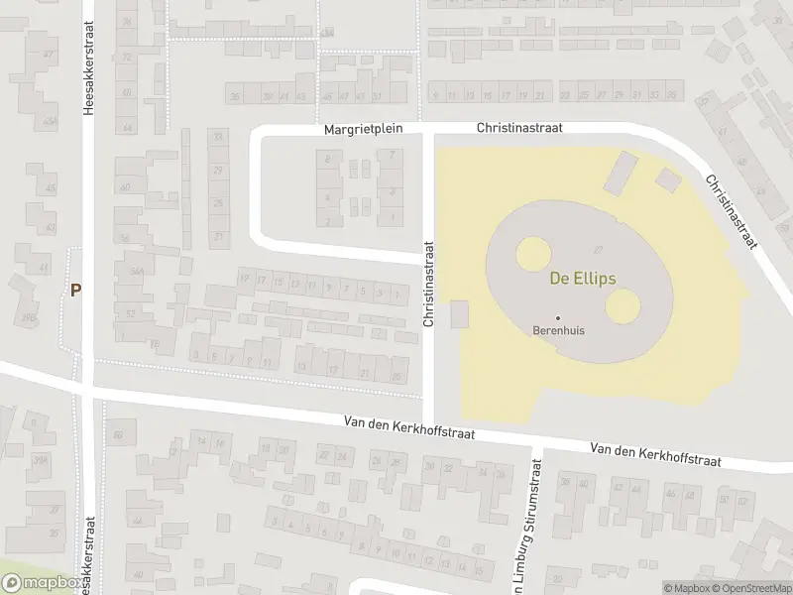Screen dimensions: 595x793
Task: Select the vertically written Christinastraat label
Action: (x=429, y=285)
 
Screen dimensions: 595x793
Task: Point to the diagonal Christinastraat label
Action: (x=732, y=212)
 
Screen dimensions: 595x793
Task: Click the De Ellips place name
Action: (x=583, y=279)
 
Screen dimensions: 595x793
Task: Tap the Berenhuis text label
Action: (x=557, y=332)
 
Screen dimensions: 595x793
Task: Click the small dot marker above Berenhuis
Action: (x=557, y=317)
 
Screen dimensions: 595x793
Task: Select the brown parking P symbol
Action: (x=75, y=291)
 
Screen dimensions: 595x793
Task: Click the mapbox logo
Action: (x=42, y=584)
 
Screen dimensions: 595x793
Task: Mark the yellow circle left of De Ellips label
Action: (x=532, y=256)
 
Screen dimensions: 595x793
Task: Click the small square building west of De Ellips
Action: (x=460, y=315)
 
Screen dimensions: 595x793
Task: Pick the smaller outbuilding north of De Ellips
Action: (x=668, y=179)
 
